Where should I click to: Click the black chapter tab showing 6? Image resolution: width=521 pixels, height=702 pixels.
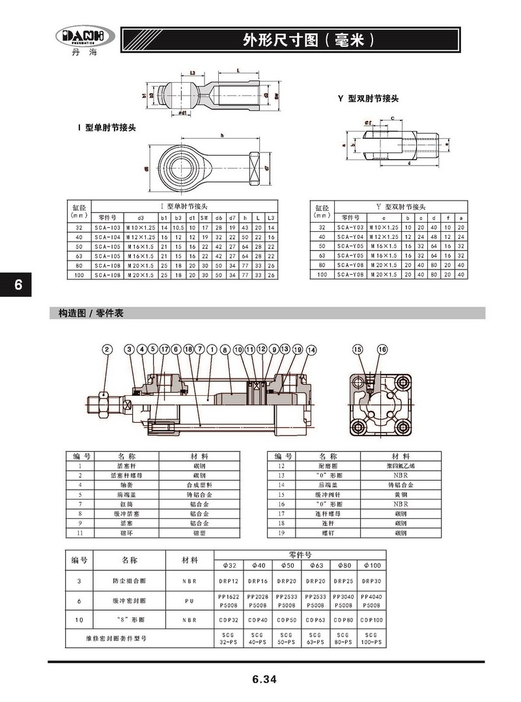tap(18, 285)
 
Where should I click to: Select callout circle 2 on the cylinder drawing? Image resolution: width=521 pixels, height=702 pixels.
tap(107, 350)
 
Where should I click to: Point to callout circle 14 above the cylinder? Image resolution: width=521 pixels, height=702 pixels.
tap(311, 350)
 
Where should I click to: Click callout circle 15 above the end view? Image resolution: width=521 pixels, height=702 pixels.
tap(358, 350)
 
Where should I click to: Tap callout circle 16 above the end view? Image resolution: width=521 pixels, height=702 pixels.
tap(382, 350)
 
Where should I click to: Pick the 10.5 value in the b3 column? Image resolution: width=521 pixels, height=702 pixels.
tap(178, 227)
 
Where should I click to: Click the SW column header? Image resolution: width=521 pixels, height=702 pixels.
tap(204, 217)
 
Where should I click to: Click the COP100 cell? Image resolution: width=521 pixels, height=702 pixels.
tap(371, 619)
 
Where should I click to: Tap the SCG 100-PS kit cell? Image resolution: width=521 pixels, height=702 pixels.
tap(371, 638)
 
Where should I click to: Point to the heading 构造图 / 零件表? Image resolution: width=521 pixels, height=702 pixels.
tap(88, 313)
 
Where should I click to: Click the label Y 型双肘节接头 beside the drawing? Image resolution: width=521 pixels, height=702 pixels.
tap(368, 98)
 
